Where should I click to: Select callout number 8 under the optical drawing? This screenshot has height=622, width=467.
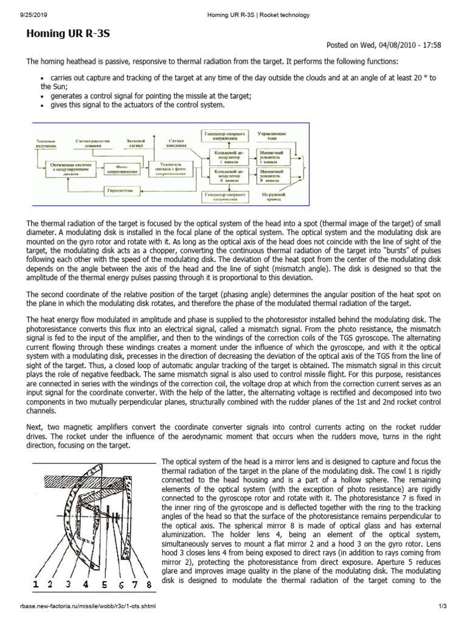(x=150, y=586)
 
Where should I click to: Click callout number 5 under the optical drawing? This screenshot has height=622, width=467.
(x=105, y=586)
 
